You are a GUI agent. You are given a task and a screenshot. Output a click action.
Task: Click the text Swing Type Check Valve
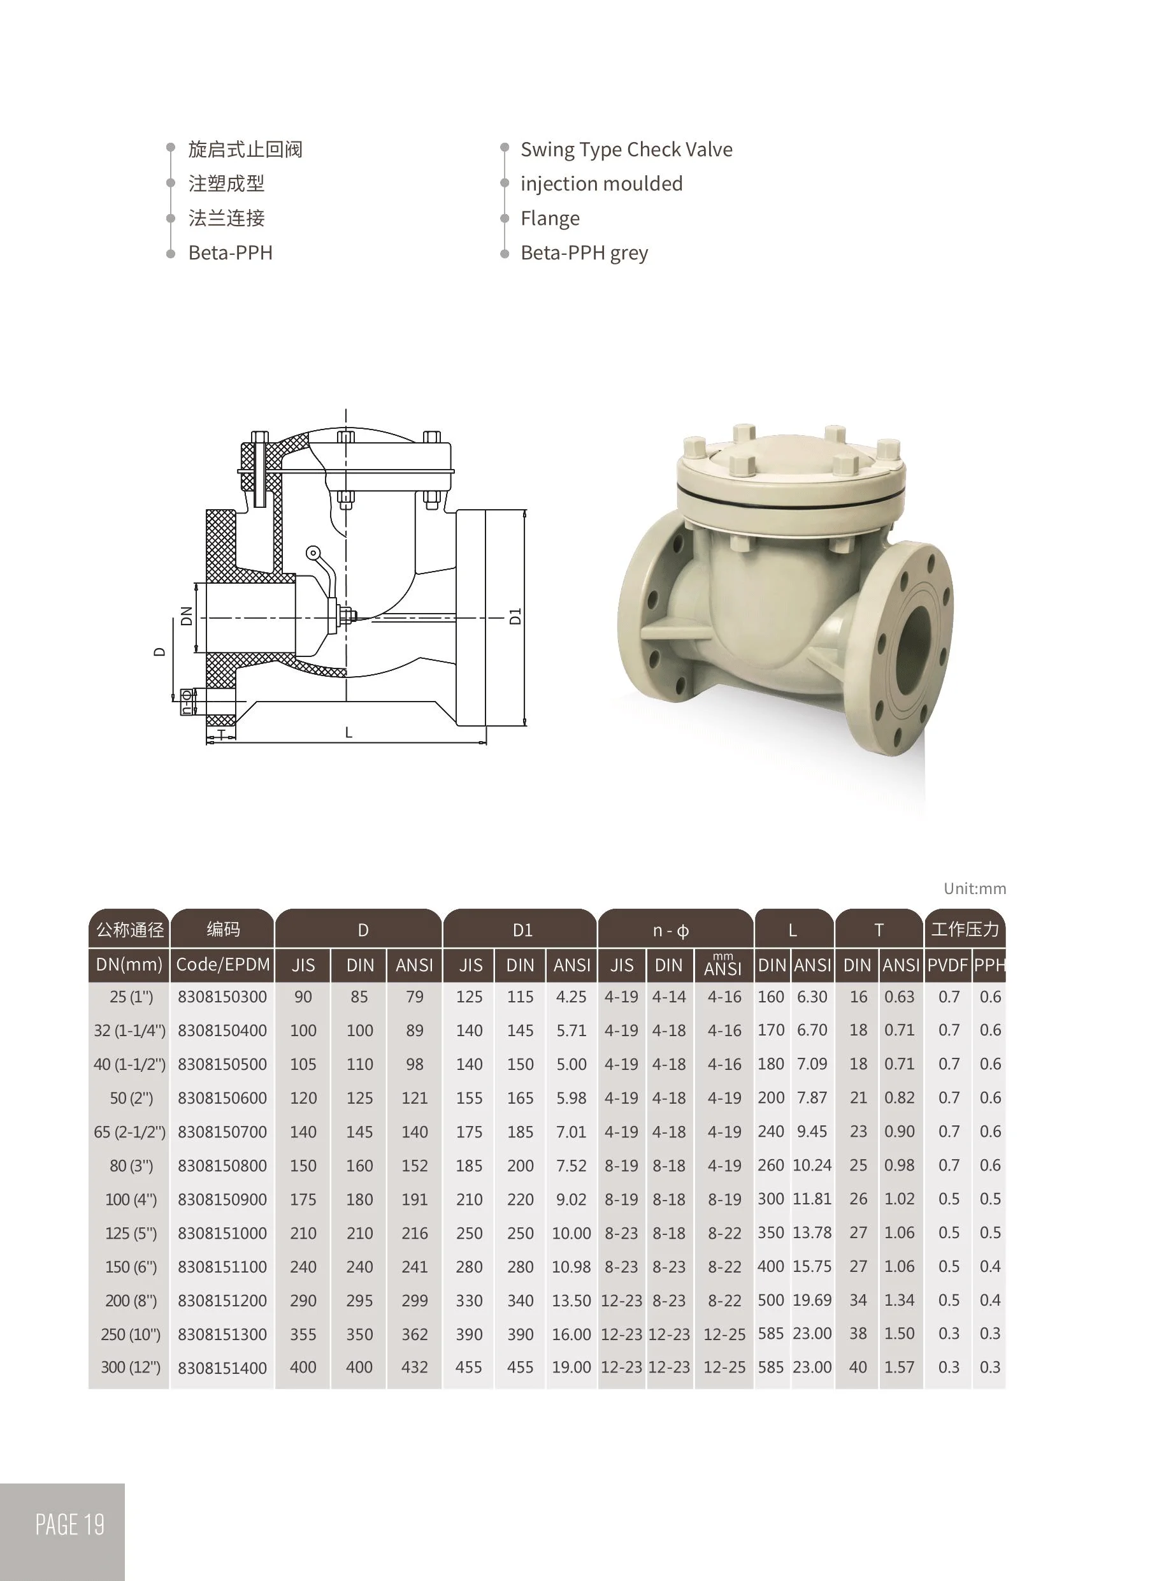coord(626,150)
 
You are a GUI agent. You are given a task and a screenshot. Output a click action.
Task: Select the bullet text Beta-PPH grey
coord(584,253)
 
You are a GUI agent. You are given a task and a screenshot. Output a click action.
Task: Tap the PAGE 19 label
coord(69,1524)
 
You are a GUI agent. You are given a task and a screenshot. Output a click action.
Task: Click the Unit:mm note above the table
coord(974,889)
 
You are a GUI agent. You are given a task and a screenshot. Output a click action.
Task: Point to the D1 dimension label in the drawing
coord(516,616)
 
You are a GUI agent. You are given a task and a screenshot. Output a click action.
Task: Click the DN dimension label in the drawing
coord(186,616)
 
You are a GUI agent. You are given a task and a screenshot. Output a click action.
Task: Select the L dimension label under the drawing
coord(348,733)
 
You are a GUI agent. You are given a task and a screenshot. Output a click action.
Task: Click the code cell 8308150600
coord(222,1099)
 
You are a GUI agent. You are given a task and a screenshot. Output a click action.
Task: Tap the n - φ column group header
coord(670,930)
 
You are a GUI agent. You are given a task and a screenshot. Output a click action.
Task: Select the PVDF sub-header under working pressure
coord(947,965)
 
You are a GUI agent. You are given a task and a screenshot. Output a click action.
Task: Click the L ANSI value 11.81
coord(812,1199)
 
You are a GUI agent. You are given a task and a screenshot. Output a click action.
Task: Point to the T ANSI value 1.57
coord(898,1368)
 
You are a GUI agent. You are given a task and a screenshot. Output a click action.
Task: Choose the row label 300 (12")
coord(130,1368)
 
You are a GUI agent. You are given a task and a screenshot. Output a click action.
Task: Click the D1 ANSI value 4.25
coord(571,997)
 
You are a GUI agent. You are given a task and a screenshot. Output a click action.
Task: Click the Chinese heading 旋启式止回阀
coord(245,150)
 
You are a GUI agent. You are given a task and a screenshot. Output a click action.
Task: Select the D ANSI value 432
coord(414,1368)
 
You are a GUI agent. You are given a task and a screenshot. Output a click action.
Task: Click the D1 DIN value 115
coord(520,997)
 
